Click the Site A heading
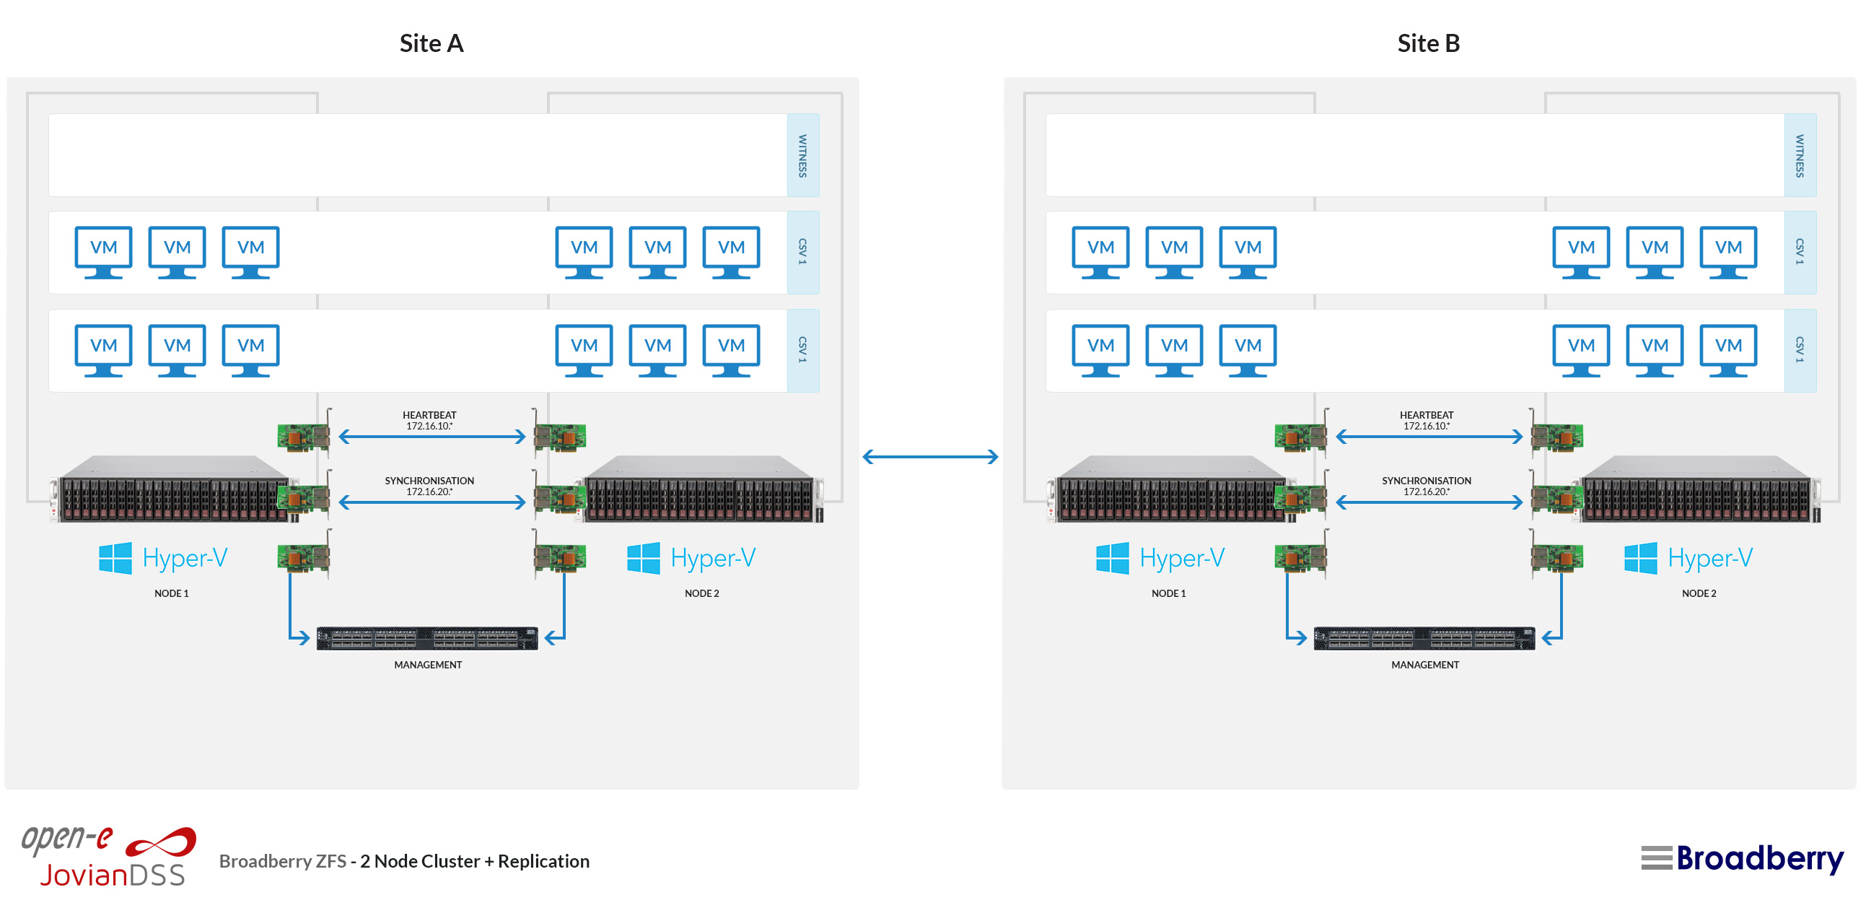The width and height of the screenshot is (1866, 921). click(431, 43)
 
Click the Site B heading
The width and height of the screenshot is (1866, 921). click(1428, 43)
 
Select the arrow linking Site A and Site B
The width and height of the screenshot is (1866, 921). click(930, 456)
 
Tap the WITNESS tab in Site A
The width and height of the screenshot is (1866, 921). click(802, 155)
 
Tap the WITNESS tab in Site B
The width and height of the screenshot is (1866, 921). click(1800, 155)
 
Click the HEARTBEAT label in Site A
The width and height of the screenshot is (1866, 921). click(429, 415)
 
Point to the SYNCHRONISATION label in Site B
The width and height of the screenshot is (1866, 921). click(1427, 481)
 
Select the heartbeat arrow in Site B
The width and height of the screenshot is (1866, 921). click(1429, 436)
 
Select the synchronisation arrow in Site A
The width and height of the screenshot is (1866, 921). click(432, 502)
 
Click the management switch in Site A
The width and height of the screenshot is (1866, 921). click(427, 638)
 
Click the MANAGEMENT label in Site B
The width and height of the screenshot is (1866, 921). click(1425, 665)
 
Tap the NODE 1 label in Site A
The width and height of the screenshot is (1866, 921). click(171, 593)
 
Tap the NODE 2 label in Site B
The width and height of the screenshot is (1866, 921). click(1699, 593)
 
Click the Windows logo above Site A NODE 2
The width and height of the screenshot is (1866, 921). click(643, 558)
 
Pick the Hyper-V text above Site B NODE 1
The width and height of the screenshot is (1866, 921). click(1181, 558)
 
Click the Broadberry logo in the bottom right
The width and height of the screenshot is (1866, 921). click(1742, 859)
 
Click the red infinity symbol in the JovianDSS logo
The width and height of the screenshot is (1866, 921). click(161, 843)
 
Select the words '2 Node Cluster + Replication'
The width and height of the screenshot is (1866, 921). click(475, 861)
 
